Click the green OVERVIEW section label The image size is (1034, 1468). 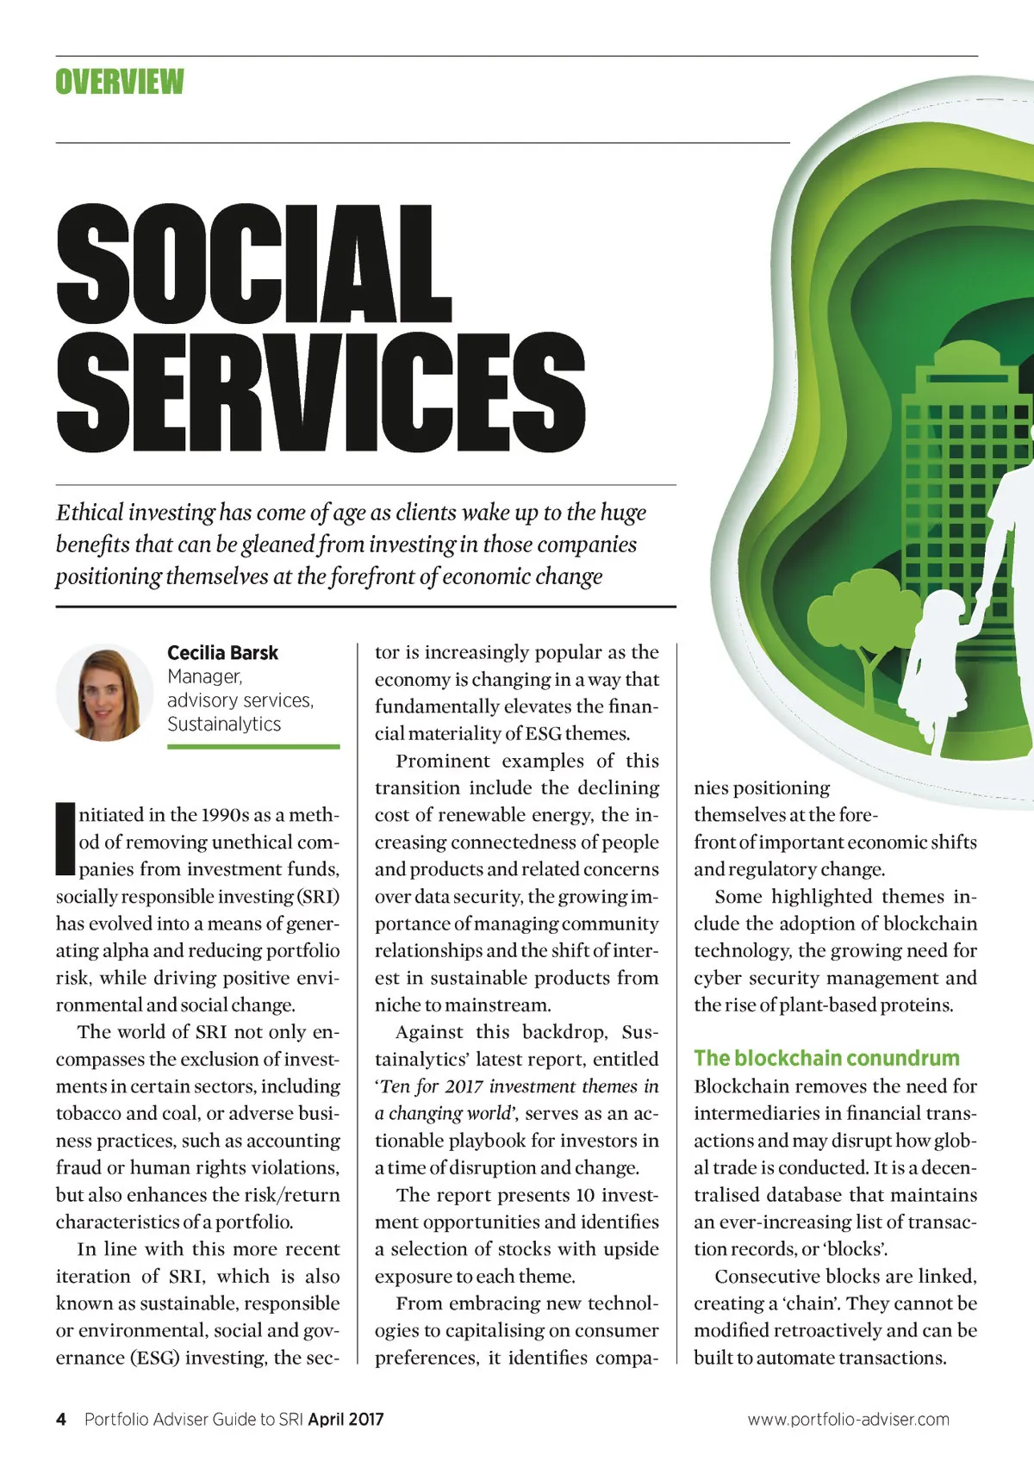click(120, 82)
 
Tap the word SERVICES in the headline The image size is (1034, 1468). click(321, 392)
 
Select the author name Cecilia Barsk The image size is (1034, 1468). click(222, 653)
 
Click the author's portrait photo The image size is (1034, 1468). click(104, 693)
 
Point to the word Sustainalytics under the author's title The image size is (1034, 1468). click(224, 725)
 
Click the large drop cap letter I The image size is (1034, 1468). click(65, 838)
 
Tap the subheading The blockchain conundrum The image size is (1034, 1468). click(826, 1059)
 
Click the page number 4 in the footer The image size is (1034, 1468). click(61, 1420)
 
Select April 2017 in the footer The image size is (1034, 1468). click(346, 1420)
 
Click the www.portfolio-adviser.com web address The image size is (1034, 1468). click(848, 1420)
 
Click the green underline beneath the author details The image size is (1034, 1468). click(253, 747)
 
